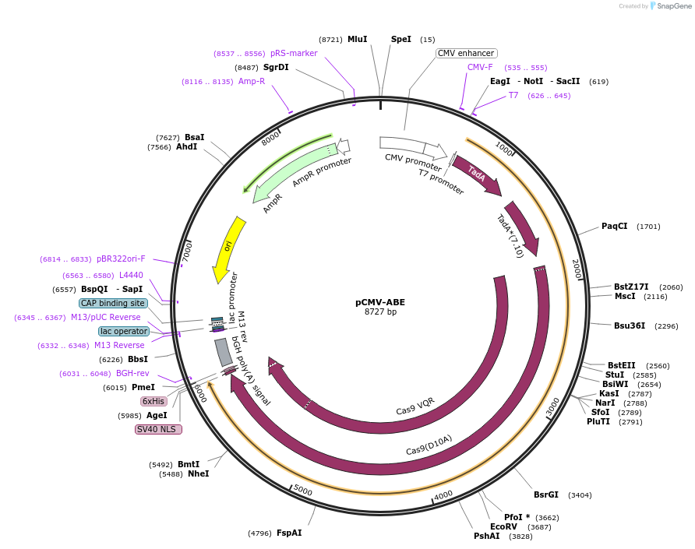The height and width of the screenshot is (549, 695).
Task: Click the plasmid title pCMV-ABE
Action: pyautogui.click(x=380, y=302)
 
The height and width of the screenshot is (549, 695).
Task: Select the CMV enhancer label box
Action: pyautogui.click(x=466, y=53)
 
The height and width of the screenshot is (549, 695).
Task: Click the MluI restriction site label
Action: pyautogui.click(x=357, y=39)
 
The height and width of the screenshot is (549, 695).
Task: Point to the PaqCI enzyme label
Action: pyautogui.click(x=614, y=227)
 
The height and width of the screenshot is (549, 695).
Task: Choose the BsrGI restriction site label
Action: pyautogui.click(x=545, y=494)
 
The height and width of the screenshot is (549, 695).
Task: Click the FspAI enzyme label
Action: pyautogui.click(x=289, y=533)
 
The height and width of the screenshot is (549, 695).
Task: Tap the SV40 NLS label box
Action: pyautogui.click(x=158, y=429)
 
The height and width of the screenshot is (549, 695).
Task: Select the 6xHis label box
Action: pyautogui.click(x=153, y=401)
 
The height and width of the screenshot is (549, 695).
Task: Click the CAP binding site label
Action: pyautogui.click(x=113, y=303)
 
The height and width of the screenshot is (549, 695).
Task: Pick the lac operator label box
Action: pyautogui.click(x=124, y=331)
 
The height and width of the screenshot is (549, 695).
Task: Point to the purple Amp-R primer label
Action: pyautogui.click(x=252, y=81)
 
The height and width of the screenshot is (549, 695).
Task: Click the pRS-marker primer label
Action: pyautogui.click(x=294, y=53)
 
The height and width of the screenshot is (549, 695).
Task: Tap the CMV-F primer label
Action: pyautogui.click(x=480, y=67)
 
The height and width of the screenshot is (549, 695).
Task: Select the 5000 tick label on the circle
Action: pyautogui.click(x=302, y=491)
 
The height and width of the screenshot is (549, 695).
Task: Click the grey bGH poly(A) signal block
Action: pyautogui.click(x=224, y=352)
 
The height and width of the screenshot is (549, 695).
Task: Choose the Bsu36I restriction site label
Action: pyautogui.click(x=630, y=326)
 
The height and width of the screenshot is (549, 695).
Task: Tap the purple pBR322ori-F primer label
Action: pyautogui.click(x=121, y=259)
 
